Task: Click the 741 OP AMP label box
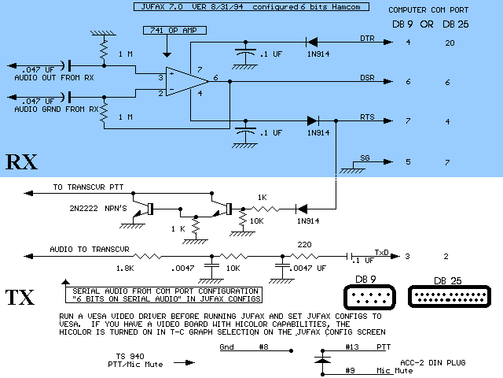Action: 173,31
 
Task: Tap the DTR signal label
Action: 366,39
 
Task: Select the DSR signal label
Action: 366,78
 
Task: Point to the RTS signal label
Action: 366,117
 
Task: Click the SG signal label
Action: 365,158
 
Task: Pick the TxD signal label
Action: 381,253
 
